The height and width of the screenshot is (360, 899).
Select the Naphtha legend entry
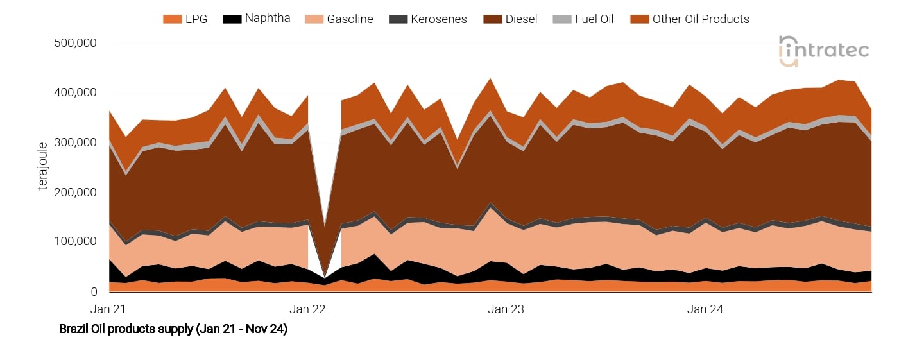pyautogui.click(x=257, y=19)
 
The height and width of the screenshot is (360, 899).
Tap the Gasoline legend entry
pyautogui.click(x=340, y=19)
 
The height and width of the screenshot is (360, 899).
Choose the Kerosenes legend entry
pyautogui.click(x=429, y=19)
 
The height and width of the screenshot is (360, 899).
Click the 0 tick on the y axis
pyautogui.click(x=92, y=292)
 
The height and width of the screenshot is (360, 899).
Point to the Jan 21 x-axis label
pyautogui.click(x=110, y=309)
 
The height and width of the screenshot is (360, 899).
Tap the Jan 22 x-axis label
pyautogui.click(x=307, y=309)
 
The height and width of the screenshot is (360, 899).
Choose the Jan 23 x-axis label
pyautogui.click(x=506, y=309)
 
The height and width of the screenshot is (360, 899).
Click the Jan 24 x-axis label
pyautogui.click(x=705, y=309)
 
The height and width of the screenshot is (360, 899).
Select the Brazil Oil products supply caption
pyautogui.click(x=173, y=330)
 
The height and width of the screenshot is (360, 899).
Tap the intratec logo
pyautogui.click(x=824, y=50)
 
